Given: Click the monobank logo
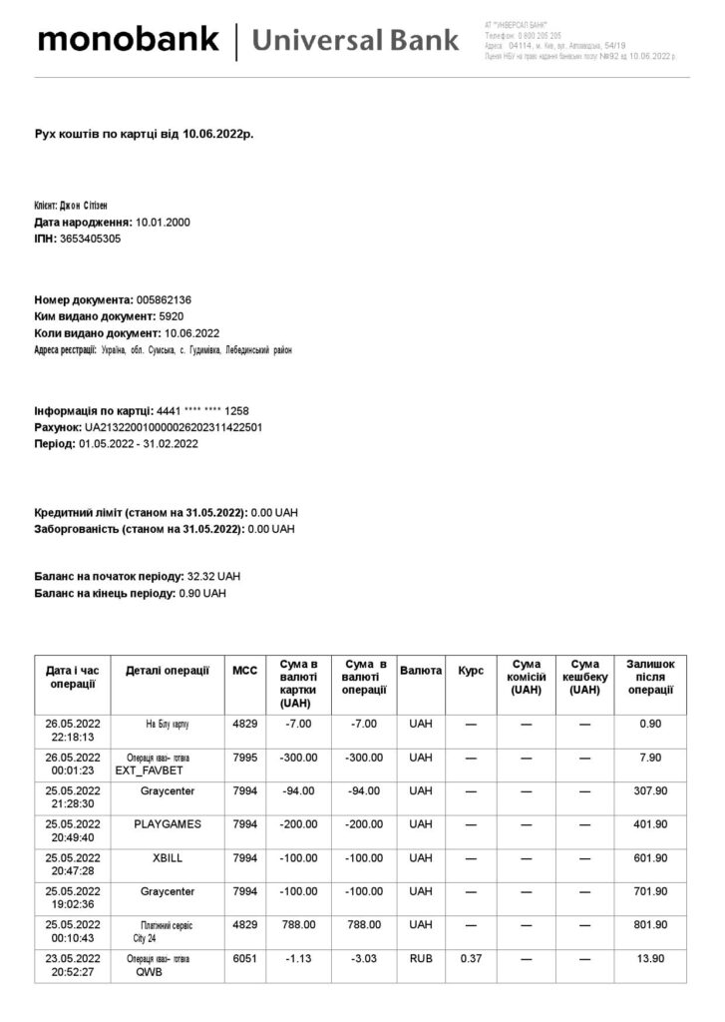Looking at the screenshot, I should (128, 40).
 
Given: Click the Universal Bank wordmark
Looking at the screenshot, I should (355, 41).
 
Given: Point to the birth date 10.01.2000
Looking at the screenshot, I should (163, 222).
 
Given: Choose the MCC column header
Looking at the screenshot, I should (244, 671).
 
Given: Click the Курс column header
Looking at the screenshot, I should (471, 671).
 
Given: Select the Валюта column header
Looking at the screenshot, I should (421, 671).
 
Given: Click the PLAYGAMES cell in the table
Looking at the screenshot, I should (168, 823).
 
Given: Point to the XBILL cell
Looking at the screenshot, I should (168, 857).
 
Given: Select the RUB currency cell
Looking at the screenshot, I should (421, 958).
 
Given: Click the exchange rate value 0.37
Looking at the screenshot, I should (471, 958).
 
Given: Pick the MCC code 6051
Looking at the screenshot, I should (244, 958).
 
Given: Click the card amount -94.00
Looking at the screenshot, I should (299, 790).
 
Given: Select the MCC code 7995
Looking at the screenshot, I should (244, 757).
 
